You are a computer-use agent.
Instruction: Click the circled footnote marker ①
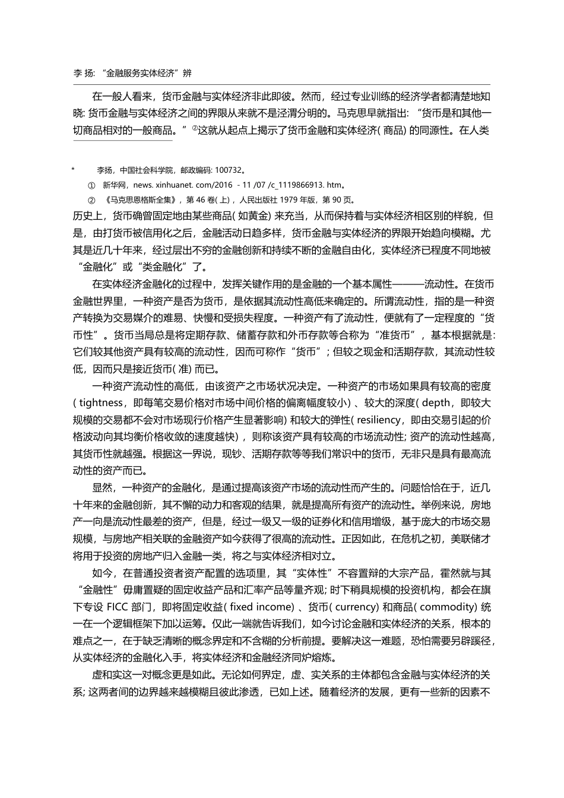(91, 185)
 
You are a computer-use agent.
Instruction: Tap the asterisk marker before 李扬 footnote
(73, 170)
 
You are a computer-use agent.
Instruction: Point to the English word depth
(436, 403)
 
